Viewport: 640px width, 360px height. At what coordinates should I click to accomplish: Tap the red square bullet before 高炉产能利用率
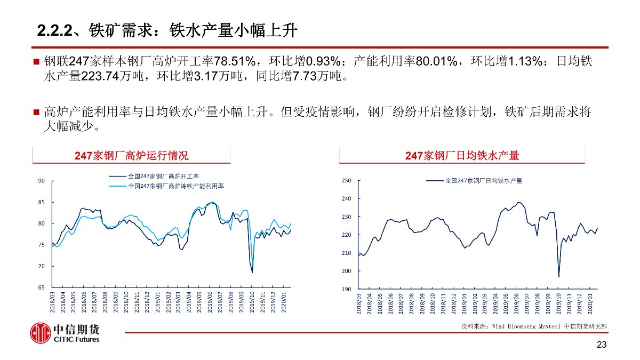pos(36,113)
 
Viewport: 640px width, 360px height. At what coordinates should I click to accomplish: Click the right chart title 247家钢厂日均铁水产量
pos(462,156)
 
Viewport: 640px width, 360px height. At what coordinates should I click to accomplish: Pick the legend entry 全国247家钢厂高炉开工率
pos(163,176)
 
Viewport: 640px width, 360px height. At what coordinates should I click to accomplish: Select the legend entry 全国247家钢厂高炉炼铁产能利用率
pos(175,186)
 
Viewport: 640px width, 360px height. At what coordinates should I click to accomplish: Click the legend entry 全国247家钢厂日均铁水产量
pos(483,181)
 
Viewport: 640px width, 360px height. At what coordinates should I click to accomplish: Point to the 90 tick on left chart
pos(42,181)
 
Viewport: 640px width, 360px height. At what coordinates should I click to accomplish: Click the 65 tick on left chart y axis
pos(42,287)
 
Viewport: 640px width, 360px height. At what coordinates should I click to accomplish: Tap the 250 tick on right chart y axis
pos(346,181)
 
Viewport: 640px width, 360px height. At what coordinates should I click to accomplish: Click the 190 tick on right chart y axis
pos(346,289)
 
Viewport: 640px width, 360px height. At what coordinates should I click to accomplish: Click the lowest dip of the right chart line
pos(559,276)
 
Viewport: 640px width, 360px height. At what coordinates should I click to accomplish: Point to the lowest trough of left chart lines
pos(252,272)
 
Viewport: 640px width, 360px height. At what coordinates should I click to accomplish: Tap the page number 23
pos(602,345)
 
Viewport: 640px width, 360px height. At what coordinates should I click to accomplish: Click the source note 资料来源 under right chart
pos(533,325)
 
